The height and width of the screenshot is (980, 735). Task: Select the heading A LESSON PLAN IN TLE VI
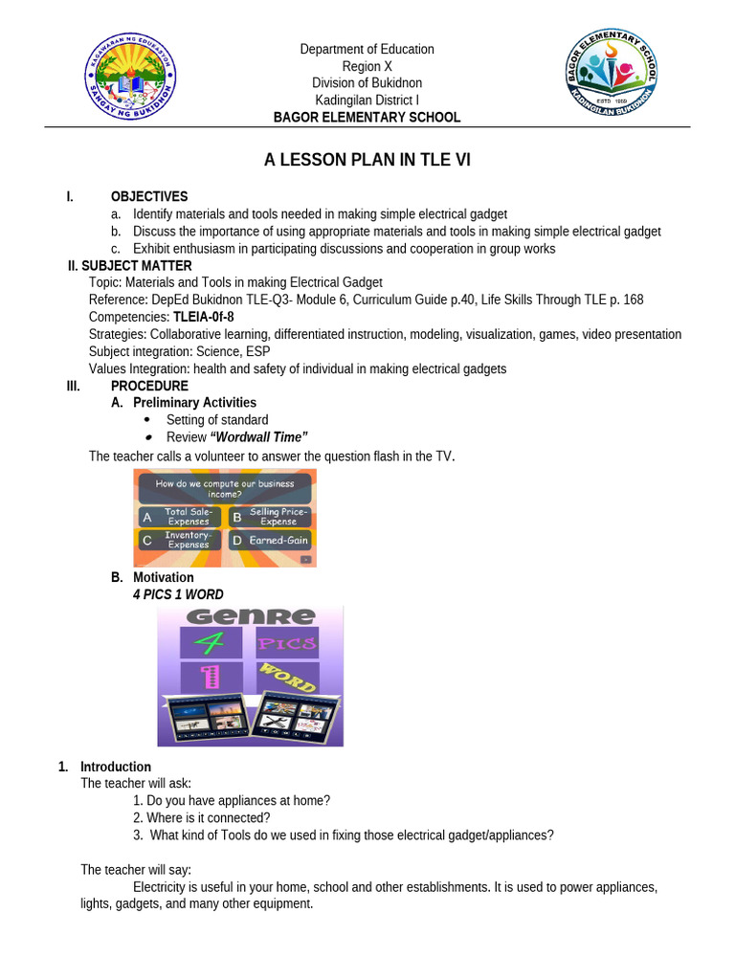pyautogui.click(x=367, y=161)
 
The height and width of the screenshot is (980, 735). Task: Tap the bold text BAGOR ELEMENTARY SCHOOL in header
pyautogui.click(x=367, y=118)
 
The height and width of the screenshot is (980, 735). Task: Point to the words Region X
pyautogui.click(x=367, y=66)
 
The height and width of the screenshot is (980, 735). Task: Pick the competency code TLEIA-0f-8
pyautogui.click(x=203, y=317)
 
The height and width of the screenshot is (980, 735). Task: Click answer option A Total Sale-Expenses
pyautogui.click(x=181, y=517)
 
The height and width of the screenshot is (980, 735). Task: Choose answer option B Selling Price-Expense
pyautogui.click(x=269, y=517)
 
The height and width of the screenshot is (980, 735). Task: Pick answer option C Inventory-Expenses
pyautogui.click(x=181, y=540)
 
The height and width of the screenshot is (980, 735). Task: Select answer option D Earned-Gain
pyautogui.click(x=269, y=540)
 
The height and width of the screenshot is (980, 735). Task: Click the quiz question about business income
pyautogui.click(x=225, y=489)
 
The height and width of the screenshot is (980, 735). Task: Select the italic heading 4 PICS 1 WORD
pyautogui.click(x=178, y=594)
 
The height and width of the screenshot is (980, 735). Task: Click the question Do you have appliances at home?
pyautogui.click(x=232, y=801)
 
